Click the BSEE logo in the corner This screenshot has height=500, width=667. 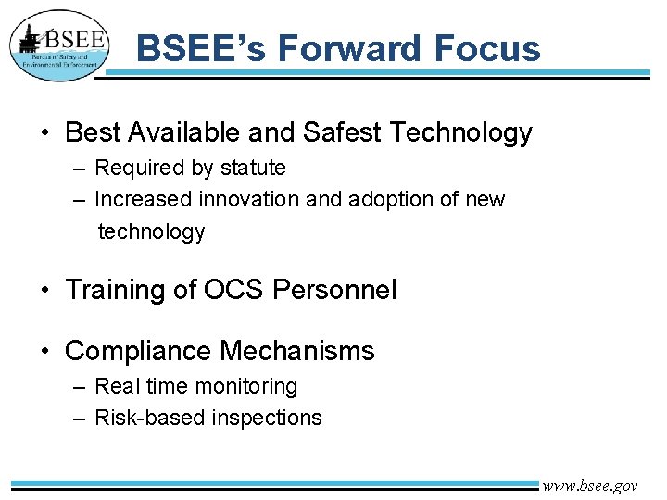(x=59, y=45)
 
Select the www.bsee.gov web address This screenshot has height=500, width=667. (x=590, y=485)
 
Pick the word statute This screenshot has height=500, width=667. (x=252, y=168)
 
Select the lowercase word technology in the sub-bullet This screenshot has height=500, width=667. (x=151, y=231)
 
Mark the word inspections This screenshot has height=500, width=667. (x=267, y=419)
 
